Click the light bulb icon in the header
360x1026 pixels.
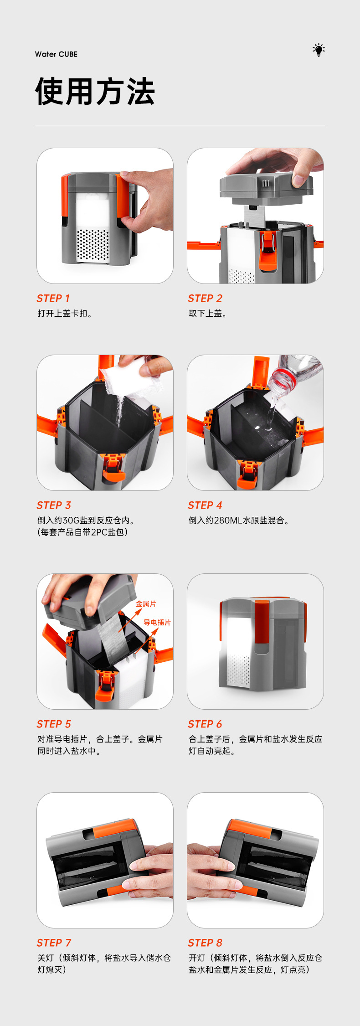click(319, 50)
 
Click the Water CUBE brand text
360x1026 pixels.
click(56, 54)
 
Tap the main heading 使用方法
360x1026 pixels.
click(95, 91)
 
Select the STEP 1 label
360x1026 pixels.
click(53, 299)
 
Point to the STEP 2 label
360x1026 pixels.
click(205, 299)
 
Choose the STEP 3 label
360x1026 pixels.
click(54, 505)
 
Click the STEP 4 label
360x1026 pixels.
click(205, 505)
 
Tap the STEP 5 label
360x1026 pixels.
click(54, 724)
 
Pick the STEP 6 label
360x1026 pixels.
click(205, 724)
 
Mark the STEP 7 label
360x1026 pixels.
click(54, 943)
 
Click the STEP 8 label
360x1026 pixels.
click(205, 943)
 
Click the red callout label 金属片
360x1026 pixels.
click(146, 604)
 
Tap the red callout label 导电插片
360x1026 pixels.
click(157, 623)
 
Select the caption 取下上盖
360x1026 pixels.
click(208, 314)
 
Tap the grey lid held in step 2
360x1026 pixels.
click(267, 187)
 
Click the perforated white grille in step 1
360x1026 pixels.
click(93, 245)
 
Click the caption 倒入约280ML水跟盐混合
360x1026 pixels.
click(239, 521)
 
